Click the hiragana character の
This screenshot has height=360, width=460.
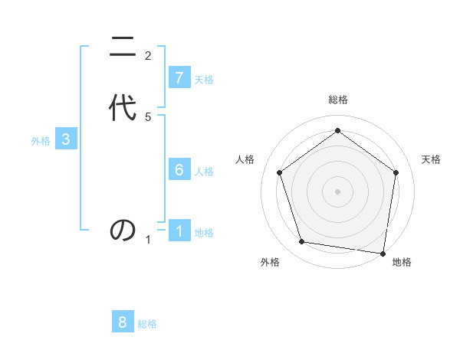coord(123,230)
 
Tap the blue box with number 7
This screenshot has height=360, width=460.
coord(179,78)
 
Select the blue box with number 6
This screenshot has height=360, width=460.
coord(179,170)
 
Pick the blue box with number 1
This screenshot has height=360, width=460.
coord(179,231)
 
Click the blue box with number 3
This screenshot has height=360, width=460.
coord(66,139)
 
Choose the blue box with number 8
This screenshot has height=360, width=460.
coord(123,322)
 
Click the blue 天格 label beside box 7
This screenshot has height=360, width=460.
coord(204,80)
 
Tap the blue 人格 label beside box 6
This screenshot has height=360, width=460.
coord(204,172)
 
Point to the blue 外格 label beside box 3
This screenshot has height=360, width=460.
coord(41,141)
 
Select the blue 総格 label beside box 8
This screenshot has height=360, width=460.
coord(147,324)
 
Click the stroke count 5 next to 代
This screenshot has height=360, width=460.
coord(148,116)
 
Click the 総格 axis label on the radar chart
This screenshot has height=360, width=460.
coord(337,100)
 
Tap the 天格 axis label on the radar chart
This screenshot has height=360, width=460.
coord(431,159)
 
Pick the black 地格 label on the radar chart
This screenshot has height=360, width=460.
coord(402,262)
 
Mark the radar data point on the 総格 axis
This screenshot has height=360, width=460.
coord(337,130)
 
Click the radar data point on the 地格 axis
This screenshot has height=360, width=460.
coord(383,253)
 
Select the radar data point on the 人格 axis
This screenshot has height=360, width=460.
coord(279,173)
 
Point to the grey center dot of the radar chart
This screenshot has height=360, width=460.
coord(337,191)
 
